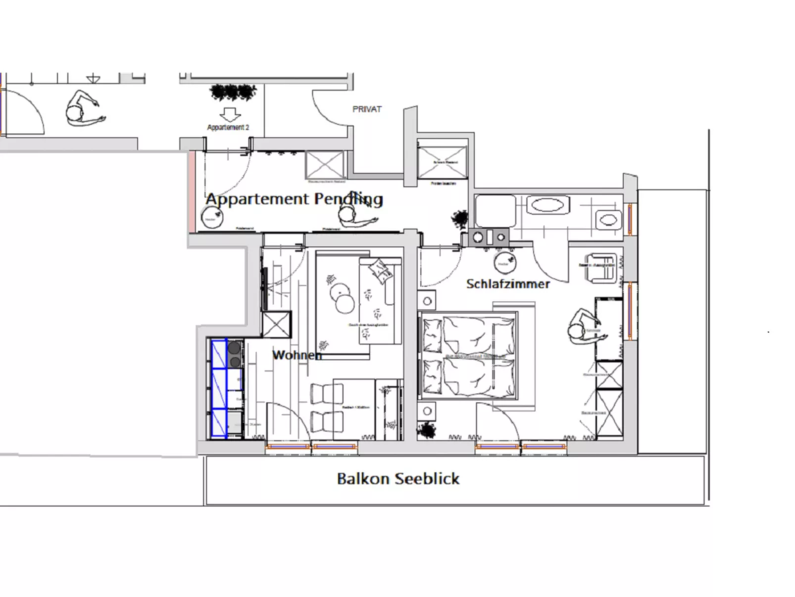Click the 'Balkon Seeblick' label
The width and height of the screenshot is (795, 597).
tap(398, 479)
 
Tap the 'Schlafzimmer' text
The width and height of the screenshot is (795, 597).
tap(508, 284)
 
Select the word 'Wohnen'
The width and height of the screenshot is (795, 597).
tap(297, 355)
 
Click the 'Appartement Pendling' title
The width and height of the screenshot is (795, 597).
tap(294, 199)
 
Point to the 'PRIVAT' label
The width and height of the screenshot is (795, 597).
tap(367, 109)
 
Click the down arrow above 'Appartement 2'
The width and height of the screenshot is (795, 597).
tap(230, 115)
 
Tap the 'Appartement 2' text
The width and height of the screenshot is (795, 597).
tap(228, 127)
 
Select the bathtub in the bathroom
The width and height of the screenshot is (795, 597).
tap(547, 205)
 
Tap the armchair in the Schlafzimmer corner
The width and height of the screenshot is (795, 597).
tap(600, 268)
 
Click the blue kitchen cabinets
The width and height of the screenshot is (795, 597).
tap(219, 388)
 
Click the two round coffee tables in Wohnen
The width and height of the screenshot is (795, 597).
tap(342, 297)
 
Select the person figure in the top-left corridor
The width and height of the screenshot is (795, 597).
tap(82, 109)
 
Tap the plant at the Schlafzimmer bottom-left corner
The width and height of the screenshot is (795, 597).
tap(426, 430)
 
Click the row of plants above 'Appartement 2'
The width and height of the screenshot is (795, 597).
tap(233, 92)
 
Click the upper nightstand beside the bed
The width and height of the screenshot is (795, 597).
tap(427, 300)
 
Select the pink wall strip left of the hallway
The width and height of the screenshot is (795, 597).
tap(192, 192)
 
